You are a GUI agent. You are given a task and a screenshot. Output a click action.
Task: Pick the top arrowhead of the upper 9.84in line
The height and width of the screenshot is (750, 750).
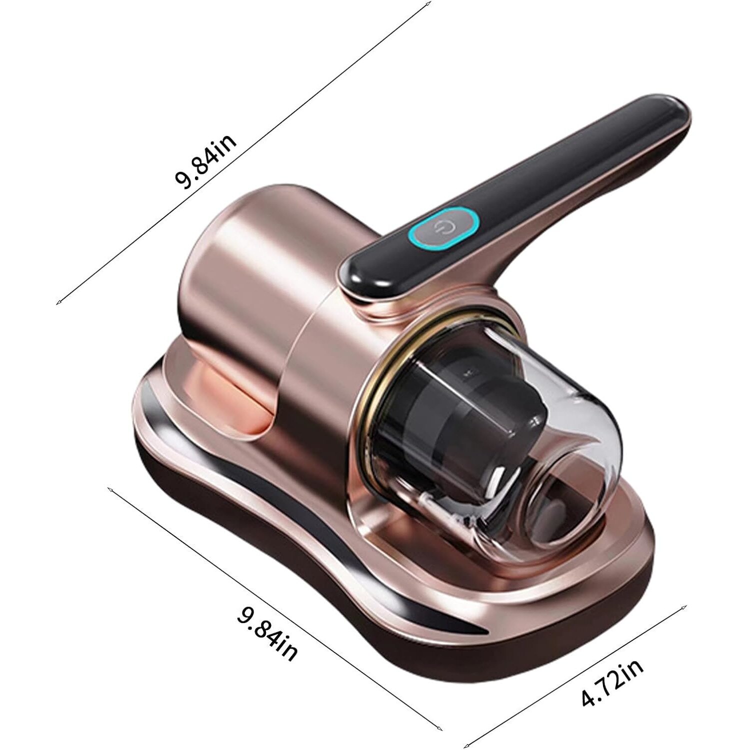[429, 4]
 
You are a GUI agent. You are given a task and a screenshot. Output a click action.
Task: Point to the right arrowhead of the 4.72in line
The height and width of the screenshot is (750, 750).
[684, 608]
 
